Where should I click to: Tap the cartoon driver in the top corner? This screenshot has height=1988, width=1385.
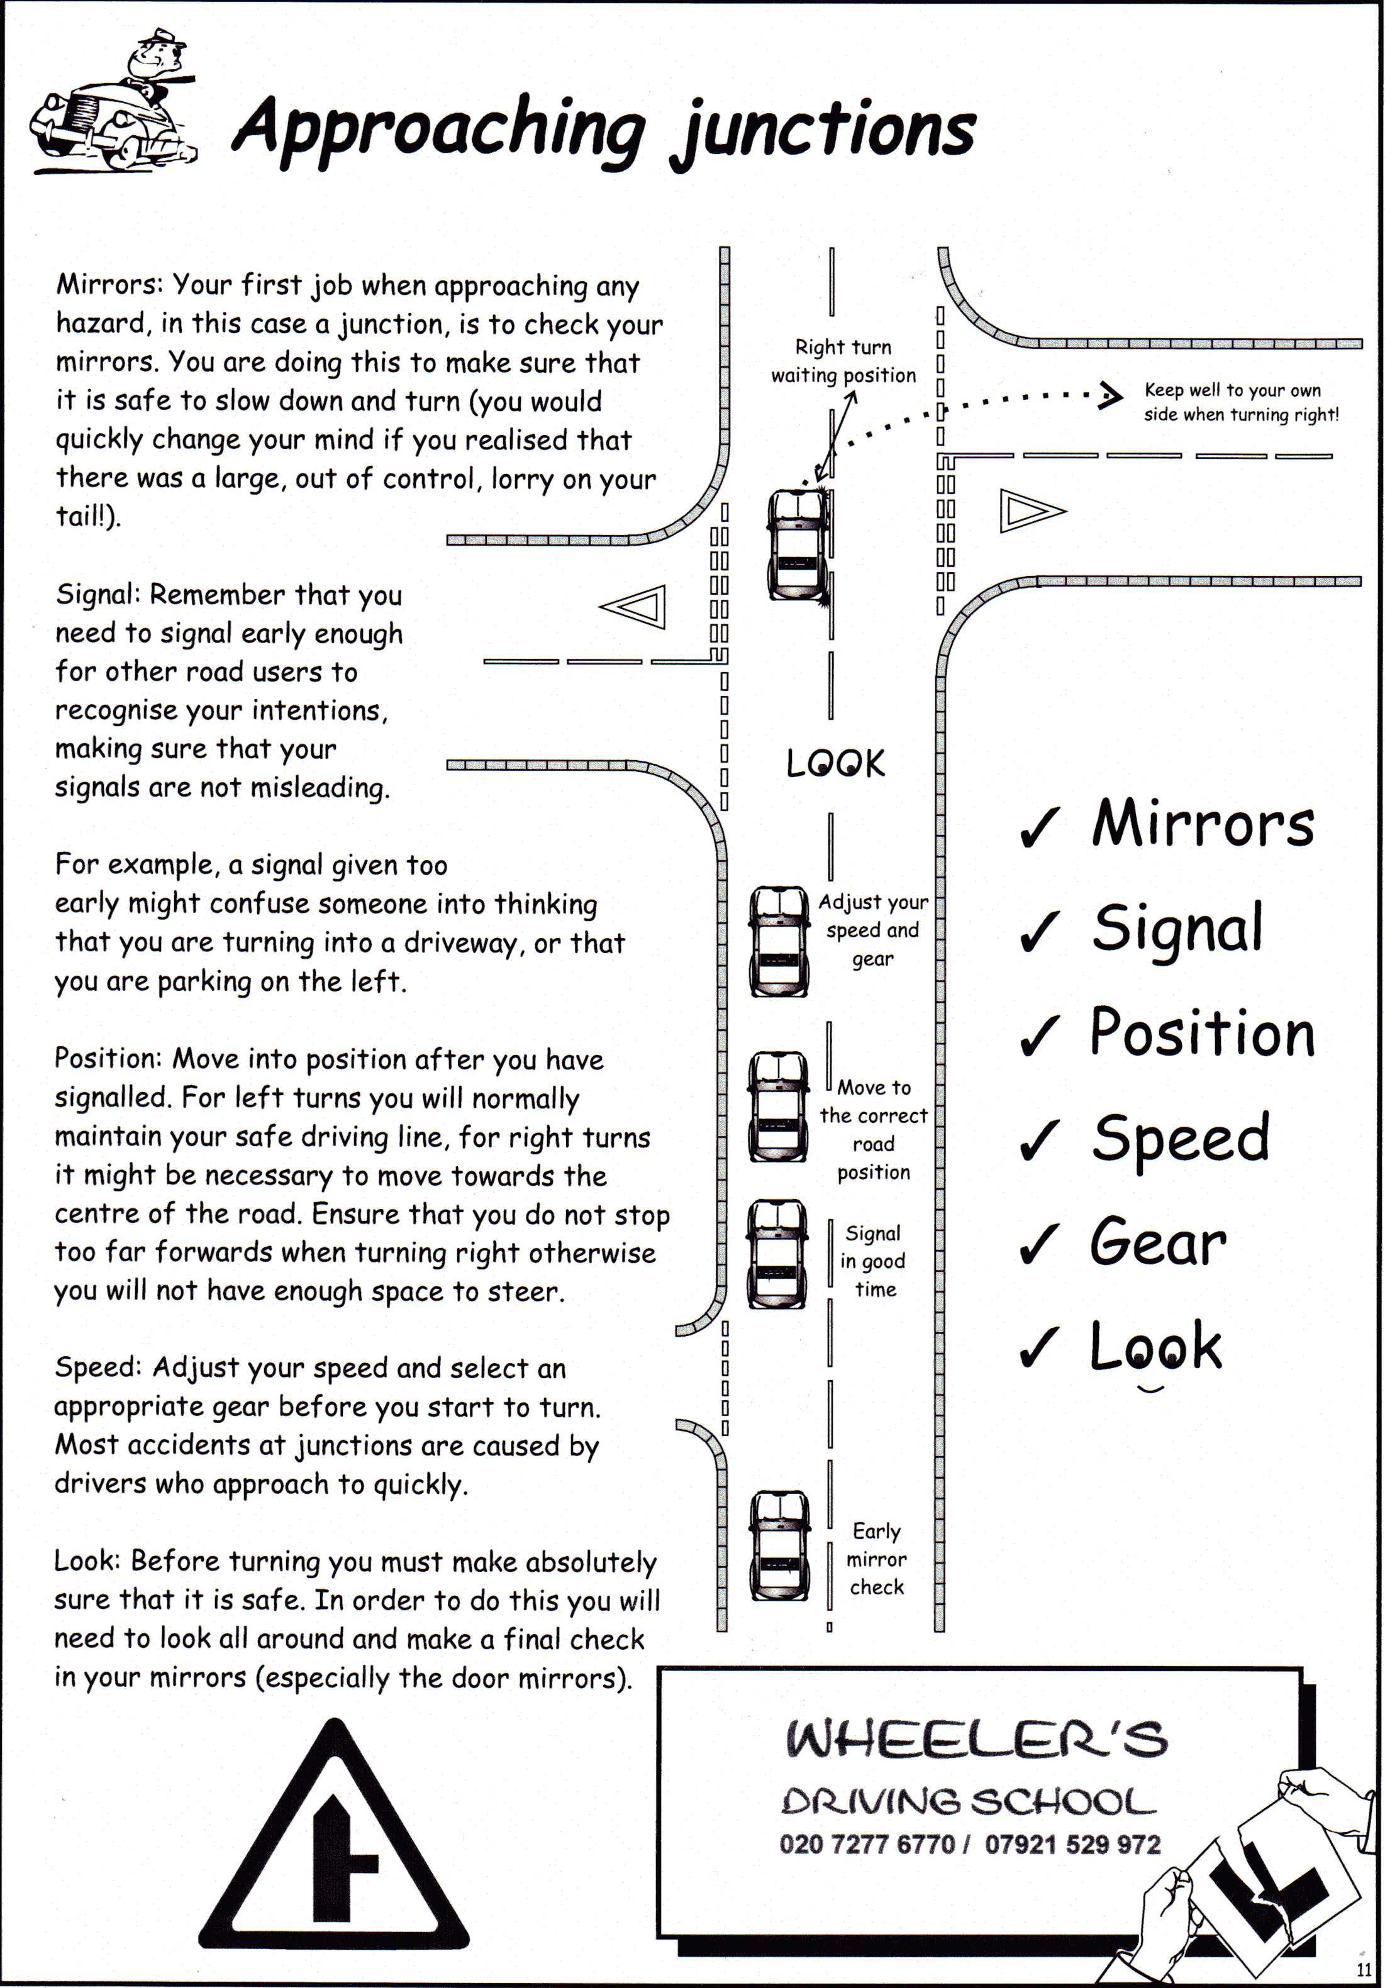tap(113, 108)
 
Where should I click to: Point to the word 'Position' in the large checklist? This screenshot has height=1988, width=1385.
tap(1202, 1033)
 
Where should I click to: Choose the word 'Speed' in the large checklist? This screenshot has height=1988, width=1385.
tap(1181, 1138)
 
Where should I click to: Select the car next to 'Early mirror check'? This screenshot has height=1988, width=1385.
tap(779, 1545)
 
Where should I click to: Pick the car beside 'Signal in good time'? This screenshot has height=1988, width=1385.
tap(778, 1254)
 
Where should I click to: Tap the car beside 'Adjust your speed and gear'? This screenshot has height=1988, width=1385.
tap(778, 941)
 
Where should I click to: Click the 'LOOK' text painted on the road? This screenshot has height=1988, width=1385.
tap(835, 764)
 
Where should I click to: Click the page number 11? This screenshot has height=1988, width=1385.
tap(1364, 1969)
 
